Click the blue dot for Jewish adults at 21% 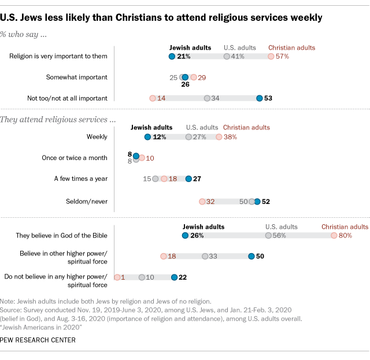pyautogui.click(x=172, y=57)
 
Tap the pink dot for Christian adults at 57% pyautogui.click(x=271, y=57)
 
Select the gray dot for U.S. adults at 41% pyautogui.click(x=227, y=57)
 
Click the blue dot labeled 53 pyautogui.click(x=260, y=98)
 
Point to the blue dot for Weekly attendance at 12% pyautogui.click(x=147, y=137)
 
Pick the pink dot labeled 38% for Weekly pyautogui.click(x=219, y=137)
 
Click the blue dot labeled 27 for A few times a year pyautogui.click(x=188, y=179)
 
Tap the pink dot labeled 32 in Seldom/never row pyautogui.click(x=202, y=202)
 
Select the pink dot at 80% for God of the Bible pyautogui.click(x=334, y=236)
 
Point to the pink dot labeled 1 pyautogui.click(x=117, y=277)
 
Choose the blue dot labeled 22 pyautogui.click(x=175, y=277)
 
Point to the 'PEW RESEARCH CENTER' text pyautogui.click(x=38, y=340)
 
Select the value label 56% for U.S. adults pyautogui.click(x=280, y=236)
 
